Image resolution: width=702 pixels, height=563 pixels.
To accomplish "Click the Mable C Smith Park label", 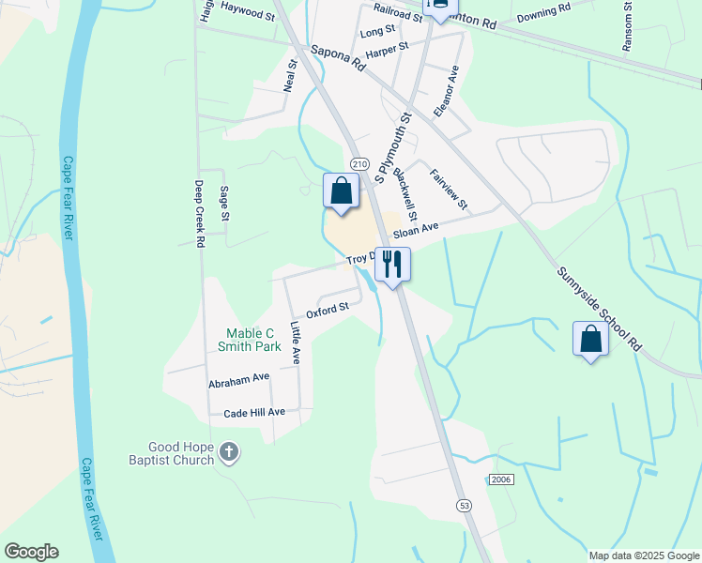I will coord(250,339).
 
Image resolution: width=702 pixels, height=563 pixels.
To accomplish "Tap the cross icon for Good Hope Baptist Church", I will coord(228,454).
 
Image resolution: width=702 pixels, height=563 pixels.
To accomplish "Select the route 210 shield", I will coord(359,162).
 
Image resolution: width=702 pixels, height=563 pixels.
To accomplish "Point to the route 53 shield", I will coord(465,507).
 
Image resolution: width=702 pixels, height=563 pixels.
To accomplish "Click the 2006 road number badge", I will coord(501,479).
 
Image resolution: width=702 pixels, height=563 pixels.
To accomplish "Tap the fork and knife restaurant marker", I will coord(392,264).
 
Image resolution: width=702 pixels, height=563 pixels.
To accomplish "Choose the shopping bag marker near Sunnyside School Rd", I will coord(590,339).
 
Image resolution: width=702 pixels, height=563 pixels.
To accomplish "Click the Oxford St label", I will coord(328,308).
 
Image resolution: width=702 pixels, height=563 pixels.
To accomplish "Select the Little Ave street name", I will coord(296,343).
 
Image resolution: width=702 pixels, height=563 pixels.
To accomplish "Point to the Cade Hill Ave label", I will coord(254,413).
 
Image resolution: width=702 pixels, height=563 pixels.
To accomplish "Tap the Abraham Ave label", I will coord(239,381).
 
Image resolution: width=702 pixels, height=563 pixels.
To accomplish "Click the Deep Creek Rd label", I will coord(199,214).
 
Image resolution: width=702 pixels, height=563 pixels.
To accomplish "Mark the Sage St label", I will coord(224,204).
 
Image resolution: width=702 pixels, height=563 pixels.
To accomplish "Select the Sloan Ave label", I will coord(416,230).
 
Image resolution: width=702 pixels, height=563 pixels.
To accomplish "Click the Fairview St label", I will coord(449,189).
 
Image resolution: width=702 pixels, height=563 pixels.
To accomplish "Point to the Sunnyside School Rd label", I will coord(599,309).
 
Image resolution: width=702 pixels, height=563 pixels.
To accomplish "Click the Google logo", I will coord(31,552).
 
